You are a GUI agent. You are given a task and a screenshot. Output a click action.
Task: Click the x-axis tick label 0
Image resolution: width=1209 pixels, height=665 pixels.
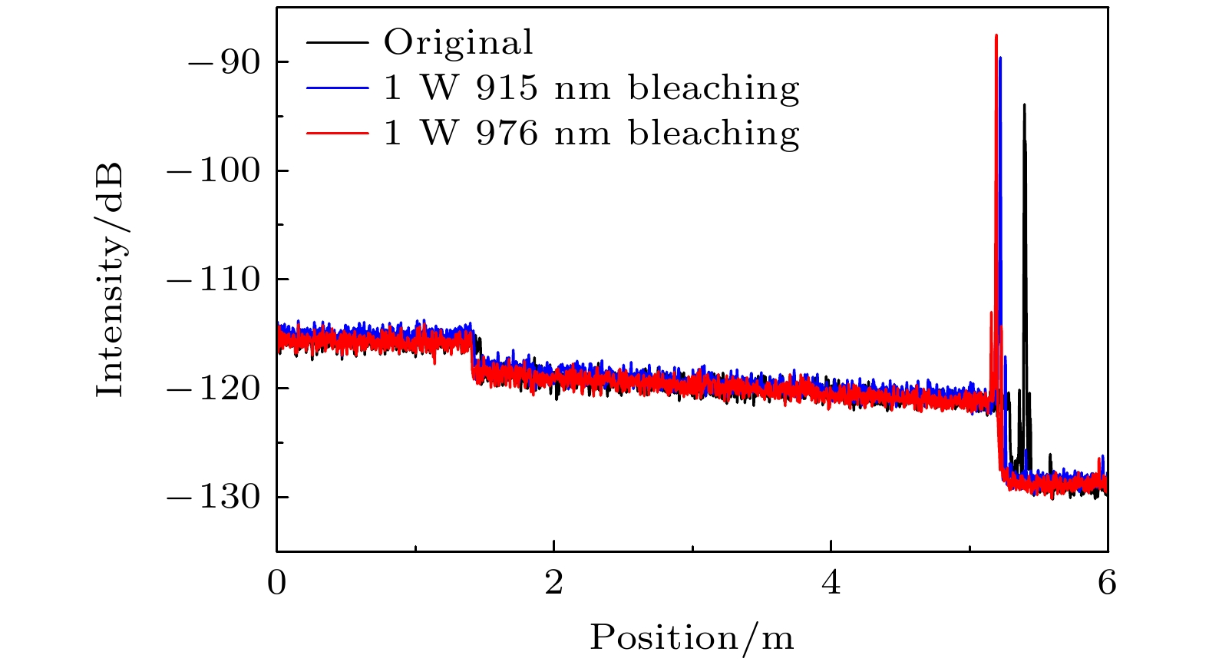276,584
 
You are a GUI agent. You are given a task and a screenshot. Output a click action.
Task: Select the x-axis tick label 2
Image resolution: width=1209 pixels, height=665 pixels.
553,584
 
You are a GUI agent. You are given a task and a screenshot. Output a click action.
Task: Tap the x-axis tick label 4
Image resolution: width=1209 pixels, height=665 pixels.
831,584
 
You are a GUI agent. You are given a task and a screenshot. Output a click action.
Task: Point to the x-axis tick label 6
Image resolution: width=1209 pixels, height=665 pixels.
1107,584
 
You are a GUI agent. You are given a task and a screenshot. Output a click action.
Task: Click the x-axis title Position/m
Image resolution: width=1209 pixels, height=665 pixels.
692,638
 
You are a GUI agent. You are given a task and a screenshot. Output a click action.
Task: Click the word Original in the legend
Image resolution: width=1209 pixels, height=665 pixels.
458,43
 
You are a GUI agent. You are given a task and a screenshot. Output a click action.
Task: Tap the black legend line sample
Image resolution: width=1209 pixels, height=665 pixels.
337,43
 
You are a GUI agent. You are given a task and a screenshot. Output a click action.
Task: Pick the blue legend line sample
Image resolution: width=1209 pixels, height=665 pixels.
337,88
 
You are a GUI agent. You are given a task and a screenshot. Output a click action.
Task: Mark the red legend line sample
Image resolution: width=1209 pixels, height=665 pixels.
337,134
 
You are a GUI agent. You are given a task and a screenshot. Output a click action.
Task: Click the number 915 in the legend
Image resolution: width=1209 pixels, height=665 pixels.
506,88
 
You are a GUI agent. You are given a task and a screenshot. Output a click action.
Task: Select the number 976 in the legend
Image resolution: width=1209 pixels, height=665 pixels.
506,134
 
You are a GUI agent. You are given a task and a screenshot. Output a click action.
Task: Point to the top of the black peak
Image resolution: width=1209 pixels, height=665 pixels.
1024,105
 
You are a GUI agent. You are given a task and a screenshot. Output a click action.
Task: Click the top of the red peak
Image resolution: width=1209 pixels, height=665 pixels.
996,35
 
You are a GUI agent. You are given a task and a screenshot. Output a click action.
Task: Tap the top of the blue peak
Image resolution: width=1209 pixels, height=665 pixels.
1000,58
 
